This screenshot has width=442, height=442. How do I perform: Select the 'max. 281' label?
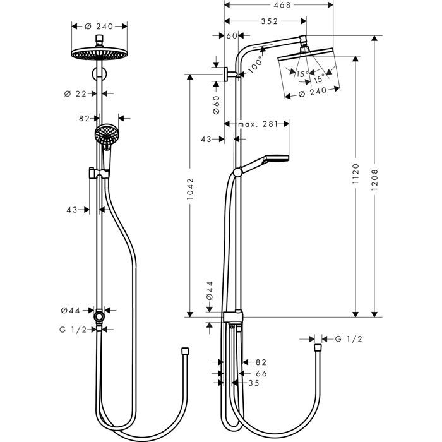point(257,124)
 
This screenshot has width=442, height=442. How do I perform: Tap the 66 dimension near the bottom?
point(261,373)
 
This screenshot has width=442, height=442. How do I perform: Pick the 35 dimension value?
point(254,382)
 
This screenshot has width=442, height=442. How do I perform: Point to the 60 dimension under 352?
point(230,36)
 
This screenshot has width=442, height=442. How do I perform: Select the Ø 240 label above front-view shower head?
point(99,27)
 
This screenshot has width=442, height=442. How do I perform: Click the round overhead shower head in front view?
point(99,54)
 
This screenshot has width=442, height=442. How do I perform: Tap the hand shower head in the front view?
point(107,134)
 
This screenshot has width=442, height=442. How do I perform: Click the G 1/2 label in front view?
point(73,329)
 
